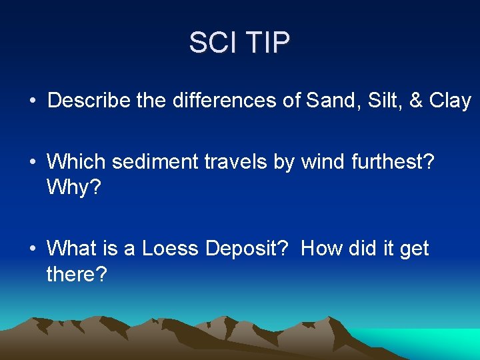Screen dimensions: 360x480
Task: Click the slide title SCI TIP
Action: (x=239, y=43)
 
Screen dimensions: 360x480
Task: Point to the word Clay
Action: (x=450, y=101)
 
